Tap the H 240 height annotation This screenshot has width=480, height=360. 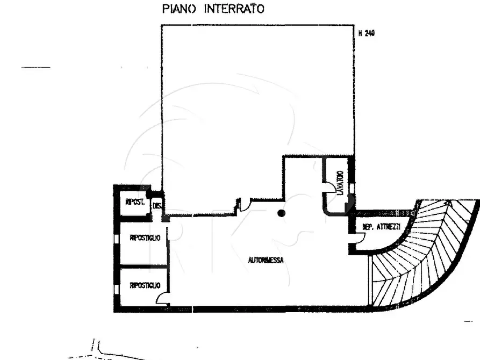(x=366, y=33)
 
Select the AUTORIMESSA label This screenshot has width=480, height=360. (x=266, y=260)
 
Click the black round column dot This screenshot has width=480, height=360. (x=281, y=213)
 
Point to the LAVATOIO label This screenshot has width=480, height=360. (x=339, y=183)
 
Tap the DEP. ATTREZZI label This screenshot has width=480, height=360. (x=381, y=228)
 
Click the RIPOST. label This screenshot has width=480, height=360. (x=134, y=202)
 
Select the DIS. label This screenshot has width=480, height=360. (x=157, y=205)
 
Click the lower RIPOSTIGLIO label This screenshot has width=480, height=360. (x=145, y=286)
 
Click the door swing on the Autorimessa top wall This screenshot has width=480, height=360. (x=245, y=204)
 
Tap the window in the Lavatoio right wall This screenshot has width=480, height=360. (x=352, y=188)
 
